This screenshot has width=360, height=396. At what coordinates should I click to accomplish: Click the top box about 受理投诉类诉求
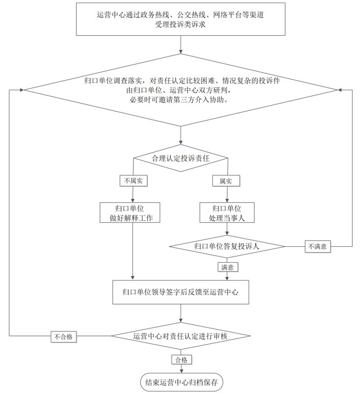[x=181, y=19]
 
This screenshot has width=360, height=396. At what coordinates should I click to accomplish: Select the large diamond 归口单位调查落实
[x=181, y=90]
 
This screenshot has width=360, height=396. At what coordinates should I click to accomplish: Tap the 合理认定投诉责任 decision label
[x=181, y=158]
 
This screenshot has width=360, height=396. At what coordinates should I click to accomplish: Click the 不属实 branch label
[x=133, y=181]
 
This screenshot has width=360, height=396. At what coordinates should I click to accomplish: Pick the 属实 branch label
[x=226, y=181]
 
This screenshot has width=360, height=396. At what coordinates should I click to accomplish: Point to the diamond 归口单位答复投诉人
[x=227, y=246]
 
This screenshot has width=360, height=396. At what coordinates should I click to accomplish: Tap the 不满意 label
[x=317, y=247]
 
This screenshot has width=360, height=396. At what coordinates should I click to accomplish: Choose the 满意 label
[x=227, y=267]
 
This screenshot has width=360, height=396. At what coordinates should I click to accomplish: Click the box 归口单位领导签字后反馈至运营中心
[x=181, y=292]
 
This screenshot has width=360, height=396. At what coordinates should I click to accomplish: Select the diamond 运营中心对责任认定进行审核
[x=181, y=336]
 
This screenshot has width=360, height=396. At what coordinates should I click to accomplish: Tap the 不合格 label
[x=64, y=337]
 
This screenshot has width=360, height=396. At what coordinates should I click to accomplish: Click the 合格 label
[x=181, y=359]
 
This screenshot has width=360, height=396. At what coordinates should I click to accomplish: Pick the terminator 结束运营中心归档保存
[x=181, y=382]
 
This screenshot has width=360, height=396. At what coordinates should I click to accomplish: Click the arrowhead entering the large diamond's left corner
[x=22, y=90]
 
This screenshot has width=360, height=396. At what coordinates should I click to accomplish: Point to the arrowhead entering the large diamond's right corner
[x=339, y=90]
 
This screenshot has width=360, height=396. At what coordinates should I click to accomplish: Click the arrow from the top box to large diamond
[x=181, y=45]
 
